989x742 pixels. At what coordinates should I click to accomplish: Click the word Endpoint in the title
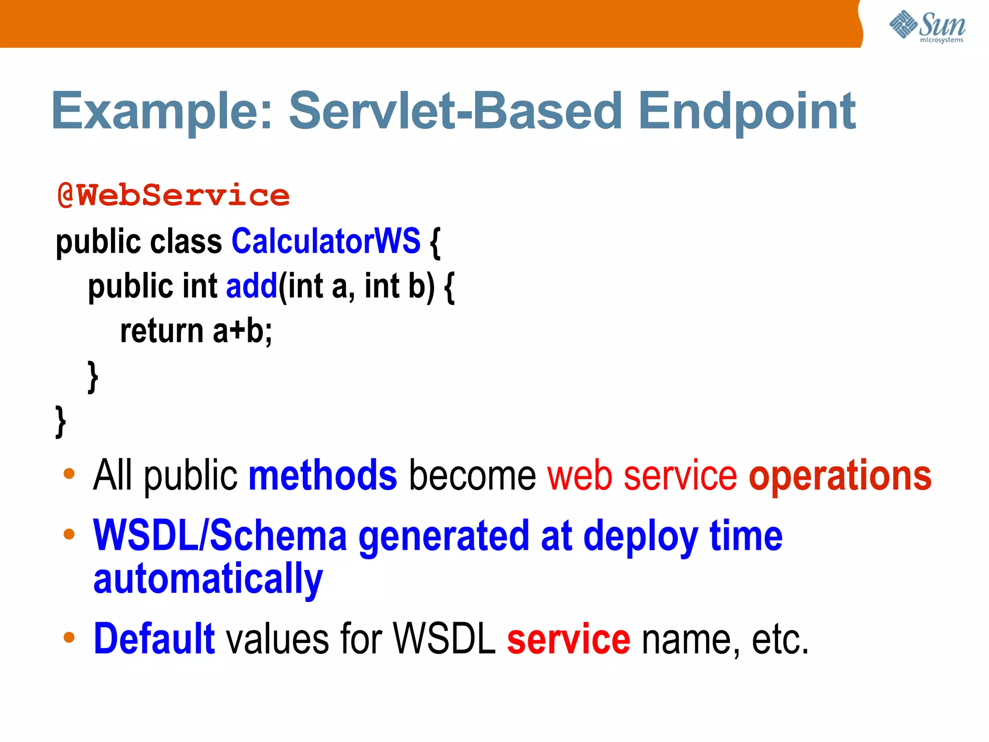747,112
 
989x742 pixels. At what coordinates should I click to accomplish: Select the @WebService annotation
173,195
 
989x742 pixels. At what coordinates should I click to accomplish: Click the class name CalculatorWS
326,241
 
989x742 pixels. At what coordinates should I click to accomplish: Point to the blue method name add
252,286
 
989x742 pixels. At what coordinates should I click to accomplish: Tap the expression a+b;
242,331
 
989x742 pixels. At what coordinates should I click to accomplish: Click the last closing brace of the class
60,421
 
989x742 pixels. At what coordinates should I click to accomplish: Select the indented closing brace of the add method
93,377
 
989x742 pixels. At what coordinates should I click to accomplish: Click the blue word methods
323,476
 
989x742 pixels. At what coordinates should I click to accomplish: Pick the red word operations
840,476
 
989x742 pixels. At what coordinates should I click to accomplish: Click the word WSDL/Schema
220,536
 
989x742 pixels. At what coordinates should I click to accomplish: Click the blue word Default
154,639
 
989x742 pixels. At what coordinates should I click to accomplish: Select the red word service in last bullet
568,639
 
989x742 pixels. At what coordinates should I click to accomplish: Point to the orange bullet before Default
69,637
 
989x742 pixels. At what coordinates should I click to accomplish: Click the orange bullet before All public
69,473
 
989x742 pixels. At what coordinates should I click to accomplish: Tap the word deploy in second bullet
641,536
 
